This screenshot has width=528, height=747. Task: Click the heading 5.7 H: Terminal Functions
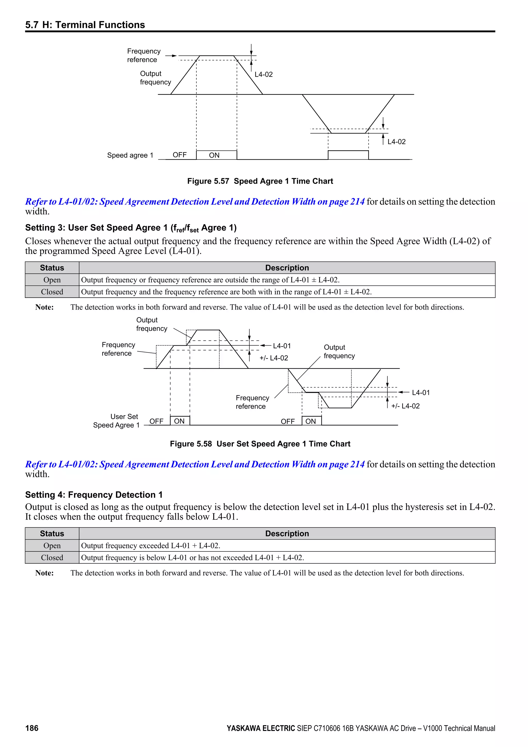click(85, 25)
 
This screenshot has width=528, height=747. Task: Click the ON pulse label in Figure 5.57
click(214, 155)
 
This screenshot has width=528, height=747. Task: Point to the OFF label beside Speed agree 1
click(179, 155)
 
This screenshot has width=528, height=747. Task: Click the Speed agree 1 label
click(130, 155)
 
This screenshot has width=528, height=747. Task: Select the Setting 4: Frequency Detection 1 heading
click(94, 494)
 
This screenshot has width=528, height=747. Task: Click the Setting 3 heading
click(131, 228)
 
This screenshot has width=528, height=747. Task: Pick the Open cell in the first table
click(52, 280)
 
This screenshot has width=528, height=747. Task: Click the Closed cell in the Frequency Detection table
click(52, 557)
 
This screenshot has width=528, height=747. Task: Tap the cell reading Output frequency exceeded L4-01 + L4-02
click(151, 545)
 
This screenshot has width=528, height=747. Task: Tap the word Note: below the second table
click(45, 573)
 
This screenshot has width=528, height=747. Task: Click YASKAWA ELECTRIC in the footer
click(260, 728)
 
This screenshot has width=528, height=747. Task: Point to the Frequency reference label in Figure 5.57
click(143, 55)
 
